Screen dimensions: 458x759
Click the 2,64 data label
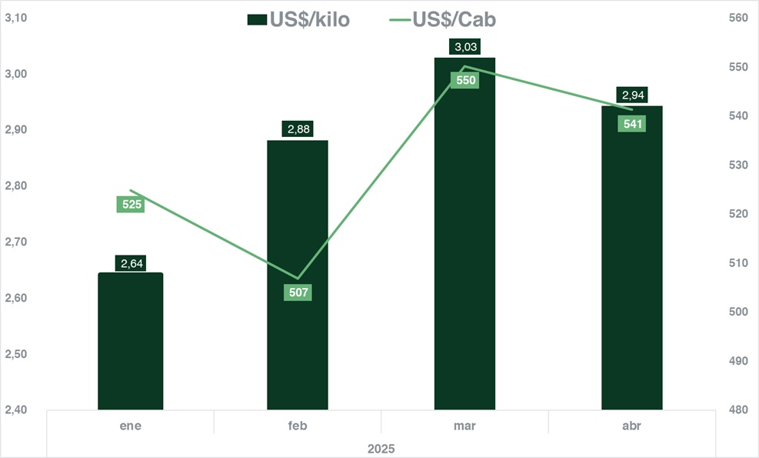click(130, 264)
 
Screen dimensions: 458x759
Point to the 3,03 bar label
click(466, 48)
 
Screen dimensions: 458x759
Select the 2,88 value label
click(298, 129)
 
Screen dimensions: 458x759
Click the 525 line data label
click(130, 205)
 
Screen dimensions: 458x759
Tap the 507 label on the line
click(297, 293)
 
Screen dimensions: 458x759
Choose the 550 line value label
click(466, 80)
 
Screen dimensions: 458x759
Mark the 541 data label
click(631, 124)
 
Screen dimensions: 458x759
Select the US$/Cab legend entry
click(442, 20)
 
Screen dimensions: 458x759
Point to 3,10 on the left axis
click(16, 18)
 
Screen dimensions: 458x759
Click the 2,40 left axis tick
click(16, 410)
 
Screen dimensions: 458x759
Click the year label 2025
click(381, 447)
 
